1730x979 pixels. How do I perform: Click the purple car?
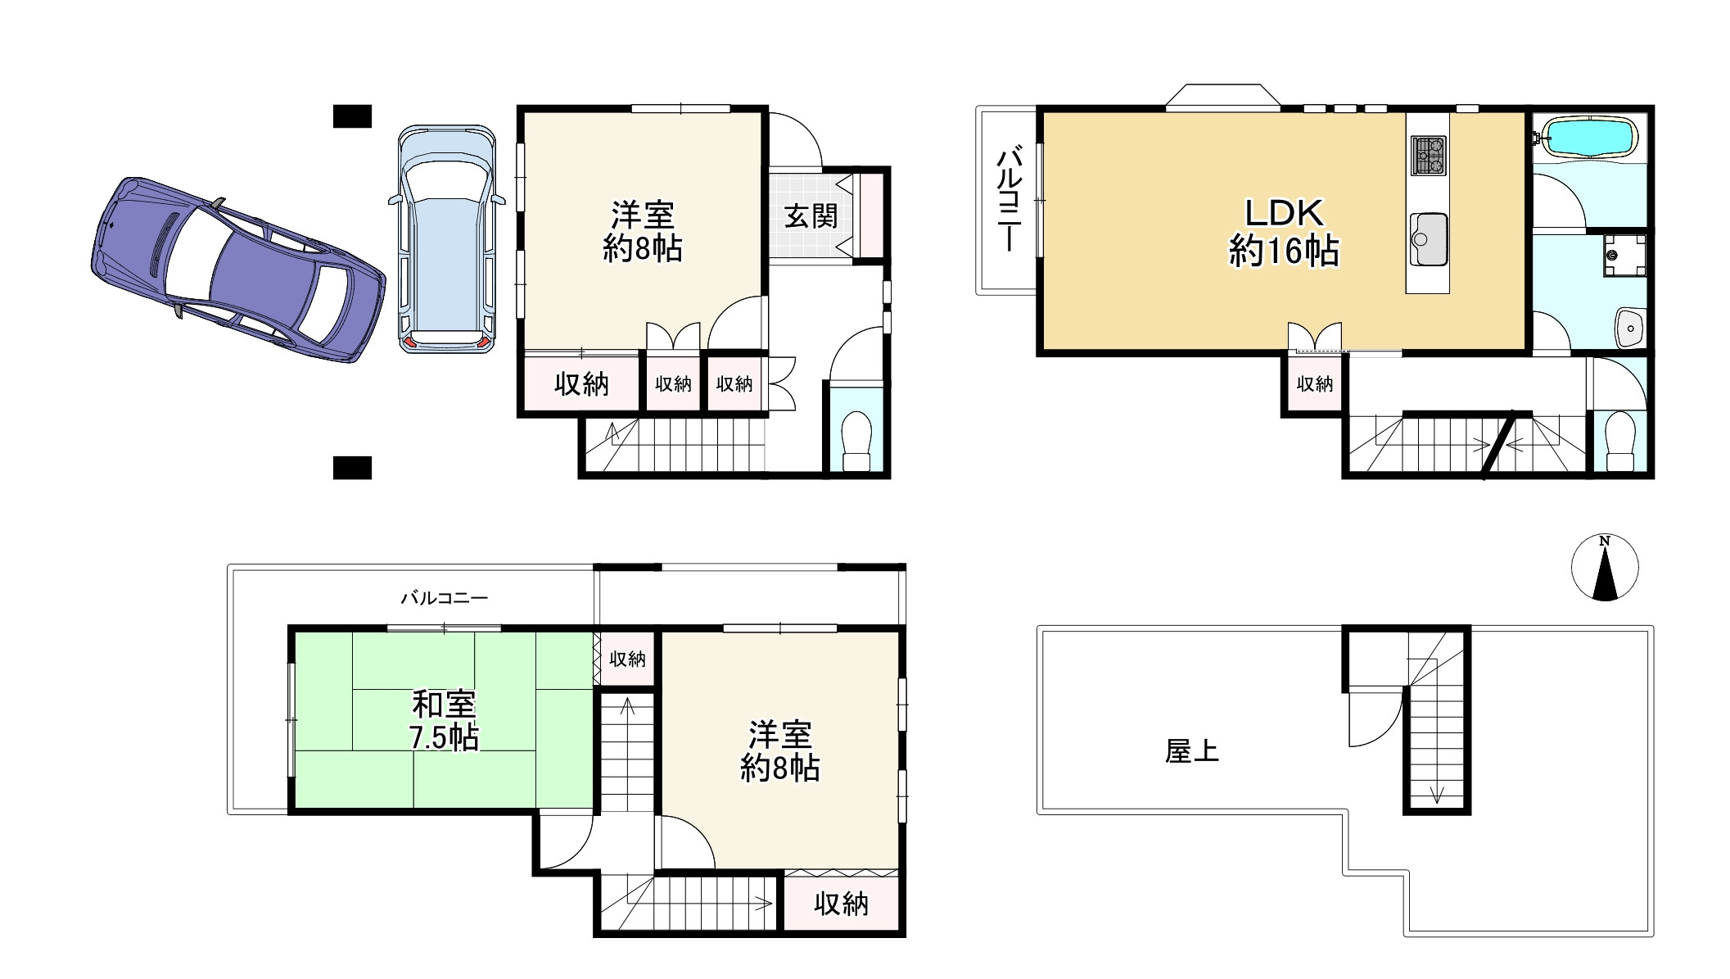[237, 269]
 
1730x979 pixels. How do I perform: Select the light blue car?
[447, 239]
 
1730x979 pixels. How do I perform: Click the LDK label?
[1285, 213]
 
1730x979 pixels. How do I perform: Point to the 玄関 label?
[811, 215]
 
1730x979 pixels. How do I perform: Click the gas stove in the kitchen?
[1429, 156]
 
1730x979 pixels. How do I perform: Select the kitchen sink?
[1429, 239]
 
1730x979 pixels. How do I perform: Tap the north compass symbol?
[1605, 567]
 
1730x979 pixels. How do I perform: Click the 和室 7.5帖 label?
[444, 721]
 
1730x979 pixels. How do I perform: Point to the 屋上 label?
[1192, 751]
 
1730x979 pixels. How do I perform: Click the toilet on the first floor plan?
[856, 441]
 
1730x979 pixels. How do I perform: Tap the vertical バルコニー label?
[1008, 199]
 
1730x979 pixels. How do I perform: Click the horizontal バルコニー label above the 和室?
[445, 598]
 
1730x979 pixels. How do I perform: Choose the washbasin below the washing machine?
[1630, 329]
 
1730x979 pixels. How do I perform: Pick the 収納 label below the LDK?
[1315, 383]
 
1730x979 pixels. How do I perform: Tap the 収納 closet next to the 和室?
[627, 659]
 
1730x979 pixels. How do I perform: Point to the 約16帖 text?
[1284, 251]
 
